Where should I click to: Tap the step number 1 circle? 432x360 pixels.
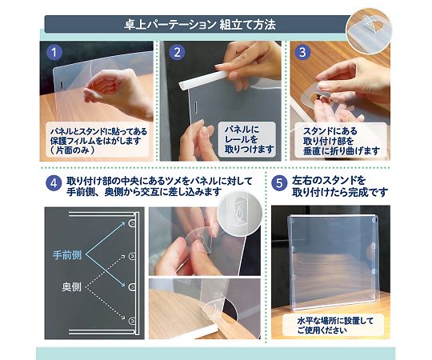54,54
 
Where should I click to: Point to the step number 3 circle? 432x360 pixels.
301,54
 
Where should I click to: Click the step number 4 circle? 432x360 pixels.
54,182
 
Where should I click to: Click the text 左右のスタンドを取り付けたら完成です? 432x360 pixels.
341,187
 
